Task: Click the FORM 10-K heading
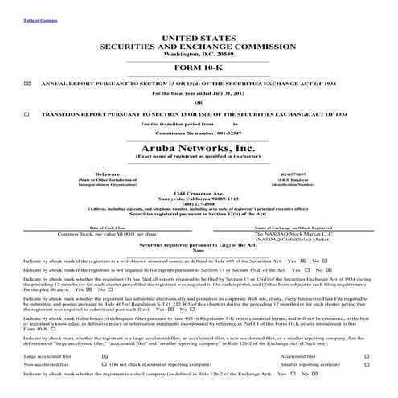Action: pos(199,68)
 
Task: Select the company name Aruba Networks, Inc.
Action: pos(199,148)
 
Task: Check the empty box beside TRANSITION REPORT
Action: pos(27,114)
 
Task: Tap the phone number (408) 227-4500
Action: pos(199,203)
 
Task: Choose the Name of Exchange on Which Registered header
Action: pos(293,228)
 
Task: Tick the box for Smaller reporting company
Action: pos(367,364)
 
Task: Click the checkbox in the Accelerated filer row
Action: pos(367,355)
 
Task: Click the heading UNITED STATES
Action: pos(199,38)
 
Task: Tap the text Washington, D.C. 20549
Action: pos(199,53)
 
